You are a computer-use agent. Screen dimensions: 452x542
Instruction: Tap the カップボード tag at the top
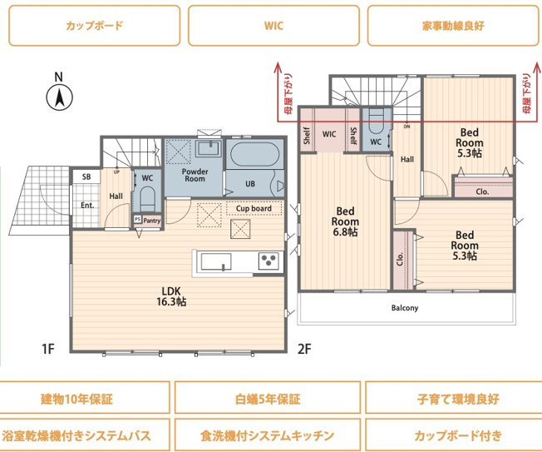(94, 25)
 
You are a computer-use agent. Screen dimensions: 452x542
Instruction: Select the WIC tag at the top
(273, 25)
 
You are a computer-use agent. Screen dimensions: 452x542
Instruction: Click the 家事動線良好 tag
(453, 25)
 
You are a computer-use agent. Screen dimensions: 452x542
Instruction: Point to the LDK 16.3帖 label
(172, 296)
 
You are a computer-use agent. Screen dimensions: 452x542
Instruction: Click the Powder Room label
(195, 174)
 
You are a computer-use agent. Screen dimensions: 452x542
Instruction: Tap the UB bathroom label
(250, 184)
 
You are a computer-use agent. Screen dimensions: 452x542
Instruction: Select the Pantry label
(151, 221)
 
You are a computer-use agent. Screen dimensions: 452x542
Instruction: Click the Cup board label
(253, 208)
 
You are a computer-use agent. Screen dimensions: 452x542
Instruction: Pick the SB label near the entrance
(86, 177)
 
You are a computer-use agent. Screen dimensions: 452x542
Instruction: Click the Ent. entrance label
(86, 205)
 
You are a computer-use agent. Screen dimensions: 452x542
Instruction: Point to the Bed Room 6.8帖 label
(345, 222)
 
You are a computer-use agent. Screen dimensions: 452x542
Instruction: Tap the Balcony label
(405, 308)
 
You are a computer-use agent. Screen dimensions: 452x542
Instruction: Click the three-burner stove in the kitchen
(269, 261)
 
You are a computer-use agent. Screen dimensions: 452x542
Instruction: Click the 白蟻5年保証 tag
(267, 399)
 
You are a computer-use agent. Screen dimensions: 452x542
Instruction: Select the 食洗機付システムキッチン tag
(267, 435)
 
